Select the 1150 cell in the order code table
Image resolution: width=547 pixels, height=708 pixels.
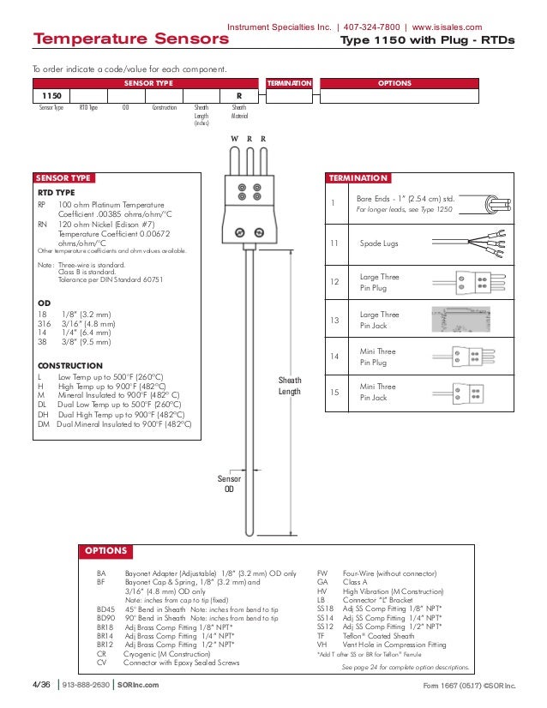coord(51,97)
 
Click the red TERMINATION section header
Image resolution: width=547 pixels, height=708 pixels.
coord(358,178)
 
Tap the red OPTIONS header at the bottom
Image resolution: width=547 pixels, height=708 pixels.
coord(105,551)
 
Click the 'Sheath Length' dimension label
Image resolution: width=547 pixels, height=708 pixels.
coord(290,386)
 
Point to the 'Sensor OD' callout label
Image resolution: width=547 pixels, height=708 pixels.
coord(229,484)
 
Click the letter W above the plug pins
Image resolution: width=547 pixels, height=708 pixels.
coord(234,139)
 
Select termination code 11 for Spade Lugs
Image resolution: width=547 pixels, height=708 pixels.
coord(334,244)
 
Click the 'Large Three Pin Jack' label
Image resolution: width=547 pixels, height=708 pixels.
coord(379,321)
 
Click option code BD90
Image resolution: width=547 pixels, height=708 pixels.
coord(106,617)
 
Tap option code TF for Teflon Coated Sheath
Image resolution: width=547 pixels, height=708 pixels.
coord(321,635)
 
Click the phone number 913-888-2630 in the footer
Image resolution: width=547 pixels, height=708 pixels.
coord(85,686)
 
